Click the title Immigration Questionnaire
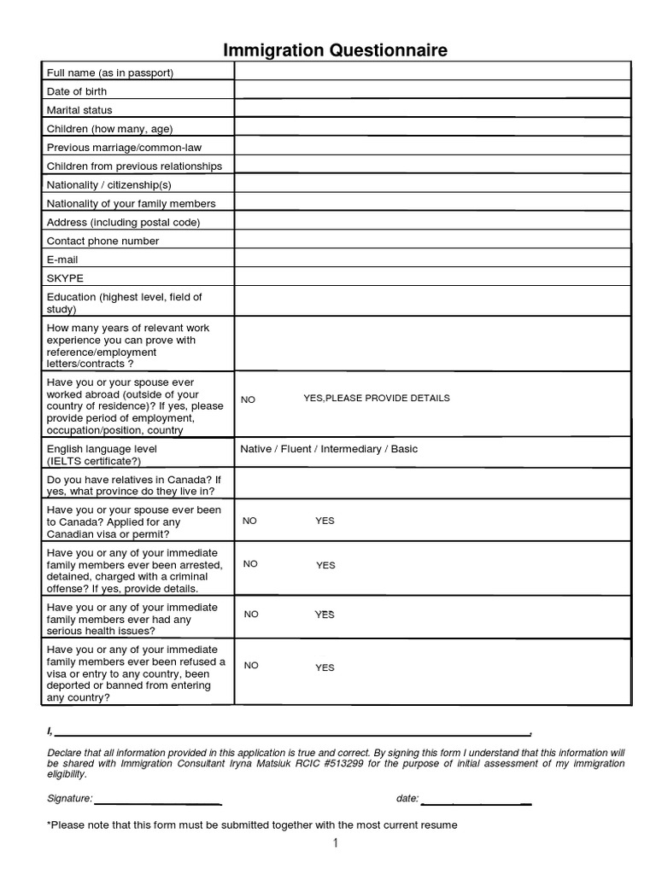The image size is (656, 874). point(335,51)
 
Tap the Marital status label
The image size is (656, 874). point(79,110)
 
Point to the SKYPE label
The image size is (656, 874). point(65,278)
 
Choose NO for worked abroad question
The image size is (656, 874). point(249,399)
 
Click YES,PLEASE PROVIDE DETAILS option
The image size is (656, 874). point(376,399)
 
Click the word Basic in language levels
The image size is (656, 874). point(404,449)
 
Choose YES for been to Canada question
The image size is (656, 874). point(325,521)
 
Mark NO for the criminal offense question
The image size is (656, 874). point(250,564)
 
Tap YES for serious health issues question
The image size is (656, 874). point(325,615)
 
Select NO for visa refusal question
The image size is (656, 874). point(251,666)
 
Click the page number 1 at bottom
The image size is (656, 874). point(336,844)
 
